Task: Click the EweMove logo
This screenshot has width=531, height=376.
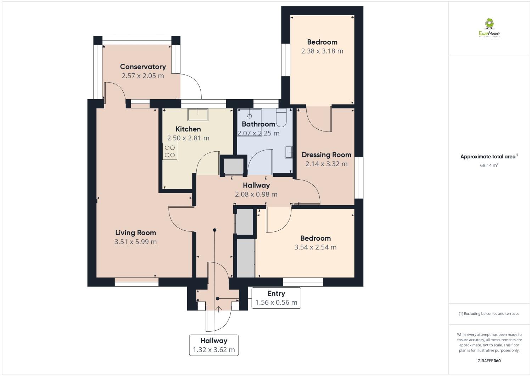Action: point(489,28)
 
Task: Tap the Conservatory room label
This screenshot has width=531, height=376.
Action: point(143,67)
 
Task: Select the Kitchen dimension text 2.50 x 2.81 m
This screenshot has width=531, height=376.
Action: point(188,138)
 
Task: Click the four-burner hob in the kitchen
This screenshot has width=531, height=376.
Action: point(170,151)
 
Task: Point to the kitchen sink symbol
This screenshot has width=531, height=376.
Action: point(198,114)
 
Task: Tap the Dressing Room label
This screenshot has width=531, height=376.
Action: point(326,155)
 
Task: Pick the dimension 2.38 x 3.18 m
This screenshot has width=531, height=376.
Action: point(322,51)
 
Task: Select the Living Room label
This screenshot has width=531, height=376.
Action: point(135,233)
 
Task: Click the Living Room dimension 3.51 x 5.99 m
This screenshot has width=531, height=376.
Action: point(135,242)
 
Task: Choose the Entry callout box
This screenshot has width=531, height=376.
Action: point(276,298)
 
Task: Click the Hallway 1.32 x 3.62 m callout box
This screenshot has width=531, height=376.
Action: point(214,345)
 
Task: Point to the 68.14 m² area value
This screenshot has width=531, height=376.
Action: point(489,165)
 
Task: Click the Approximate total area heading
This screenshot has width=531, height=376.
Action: point(489,157)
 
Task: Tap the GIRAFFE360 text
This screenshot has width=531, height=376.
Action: point(489,361)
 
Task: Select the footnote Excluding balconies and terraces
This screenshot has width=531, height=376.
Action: point(489,314)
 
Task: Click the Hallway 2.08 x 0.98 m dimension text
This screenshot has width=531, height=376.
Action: point(256,194)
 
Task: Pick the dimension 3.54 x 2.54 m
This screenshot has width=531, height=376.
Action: point(315,247)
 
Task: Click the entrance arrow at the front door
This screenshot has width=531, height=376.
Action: point(218,309)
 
